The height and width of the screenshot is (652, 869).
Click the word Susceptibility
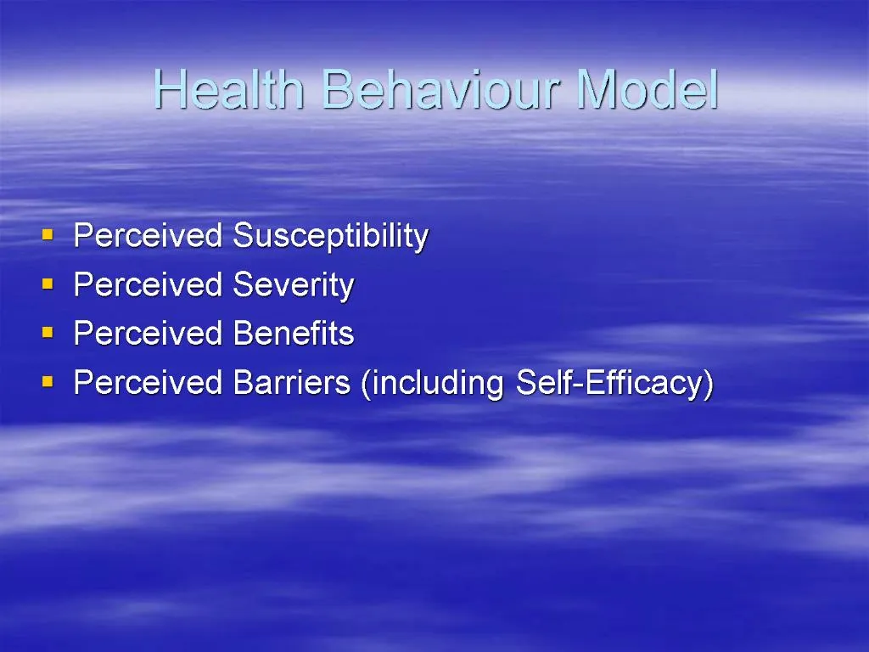pos(330,236)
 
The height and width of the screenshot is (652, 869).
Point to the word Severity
pos(293,285)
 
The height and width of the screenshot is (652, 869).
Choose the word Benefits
pos(293,334)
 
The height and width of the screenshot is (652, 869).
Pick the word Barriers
pos(291,383)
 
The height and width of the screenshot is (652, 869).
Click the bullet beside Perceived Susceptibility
pos(48,232)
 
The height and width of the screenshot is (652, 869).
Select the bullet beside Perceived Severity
pos(48,281)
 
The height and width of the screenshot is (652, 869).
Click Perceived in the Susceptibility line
pos(148,236)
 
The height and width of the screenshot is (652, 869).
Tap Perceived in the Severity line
pos(148,285)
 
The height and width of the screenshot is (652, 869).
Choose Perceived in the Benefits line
pos(148,334)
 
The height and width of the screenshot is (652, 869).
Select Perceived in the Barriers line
pos(148,383)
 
